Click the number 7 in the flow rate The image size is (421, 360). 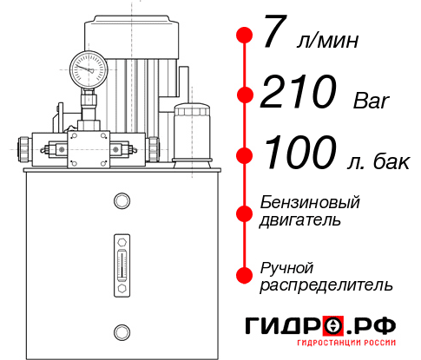point(274,36)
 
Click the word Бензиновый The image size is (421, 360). point(310,202)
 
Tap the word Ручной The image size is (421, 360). point(286,266)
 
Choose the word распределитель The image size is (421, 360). point(326,284)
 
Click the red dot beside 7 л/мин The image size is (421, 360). point(245,36)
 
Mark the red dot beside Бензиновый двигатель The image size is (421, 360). point(245,211)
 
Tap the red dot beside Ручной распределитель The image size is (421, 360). point(245,275)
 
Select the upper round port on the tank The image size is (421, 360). point(121,202)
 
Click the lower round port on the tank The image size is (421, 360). point(121,331)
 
